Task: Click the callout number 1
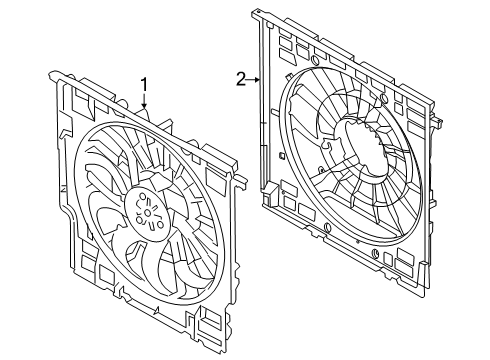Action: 144,85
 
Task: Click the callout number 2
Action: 241,79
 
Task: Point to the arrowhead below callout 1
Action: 144,106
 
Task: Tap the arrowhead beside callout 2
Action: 257,80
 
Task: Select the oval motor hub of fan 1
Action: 148,212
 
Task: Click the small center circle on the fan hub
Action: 148,212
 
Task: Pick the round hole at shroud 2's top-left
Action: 314,60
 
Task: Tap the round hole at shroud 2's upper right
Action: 384,98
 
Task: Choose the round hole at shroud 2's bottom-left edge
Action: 327,227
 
